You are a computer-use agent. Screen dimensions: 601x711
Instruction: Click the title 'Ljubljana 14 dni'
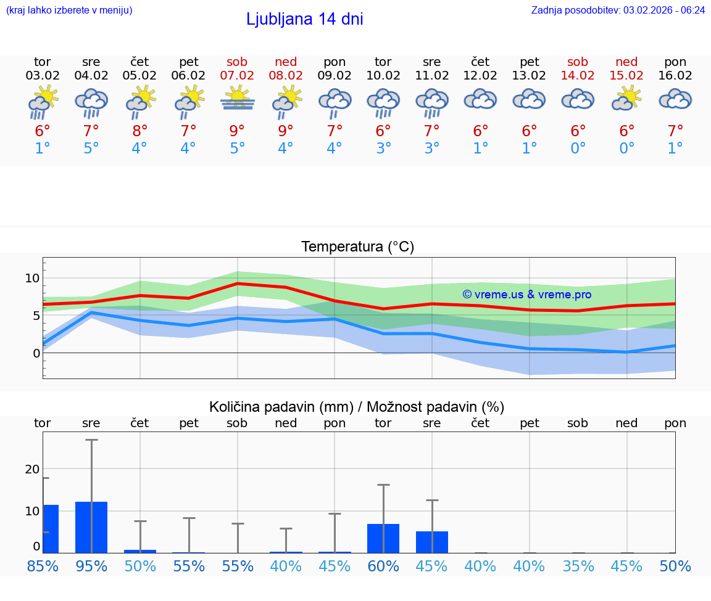tap(304, 19)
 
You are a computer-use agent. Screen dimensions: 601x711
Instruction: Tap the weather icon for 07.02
tap(237, 99)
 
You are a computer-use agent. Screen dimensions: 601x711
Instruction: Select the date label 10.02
tap(383, 76)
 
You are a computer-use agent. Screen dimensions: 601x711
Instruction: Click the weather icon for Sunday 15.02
tap(626, 99)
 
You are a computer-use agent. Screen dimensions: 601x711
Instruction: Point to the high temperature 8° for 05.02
tap(140, 131)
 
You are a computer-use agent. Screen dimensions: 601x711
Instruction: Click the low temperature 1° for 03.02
tap(43, 149)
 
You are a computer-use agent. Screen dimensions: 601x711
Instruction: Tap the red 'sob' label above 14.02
tap(578, 62)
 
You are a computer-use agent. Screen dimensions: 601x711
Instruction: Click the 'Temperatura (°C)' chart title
tap(357, 247)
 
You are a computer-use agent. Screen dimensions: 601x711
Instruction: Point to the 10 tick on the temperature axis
tap(32, 278)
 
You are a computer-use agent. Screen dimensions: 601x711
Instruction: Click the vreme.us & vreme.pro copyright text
tap(526, 295)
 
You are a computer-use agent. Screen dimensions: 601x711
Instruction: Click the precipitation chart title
tap(357, 407)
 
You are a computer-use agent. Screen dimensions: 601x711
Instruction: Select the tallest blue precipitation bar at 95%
tap(91, 527)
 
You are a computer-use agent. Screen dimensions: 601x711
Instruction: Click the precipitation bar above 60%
tap(383, 538)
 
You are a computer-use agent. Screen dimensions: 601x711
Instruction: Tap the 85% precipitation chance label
tap(43, 566)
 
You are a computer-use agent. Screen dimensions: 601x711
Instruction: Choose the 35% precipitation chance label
tap(578, 566)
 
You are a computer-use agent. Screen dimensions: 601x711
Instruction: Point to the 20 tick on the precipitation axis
tap(32, 469)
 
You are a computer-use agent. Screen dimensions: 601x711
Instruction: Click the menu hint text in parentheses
tap(69, 10)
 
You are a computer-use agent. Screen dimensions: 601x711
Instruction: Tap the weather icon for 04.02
tap(91, 101)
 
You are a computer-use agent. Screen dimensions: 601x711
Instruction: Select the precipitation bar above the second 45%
tap(431, 542)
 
